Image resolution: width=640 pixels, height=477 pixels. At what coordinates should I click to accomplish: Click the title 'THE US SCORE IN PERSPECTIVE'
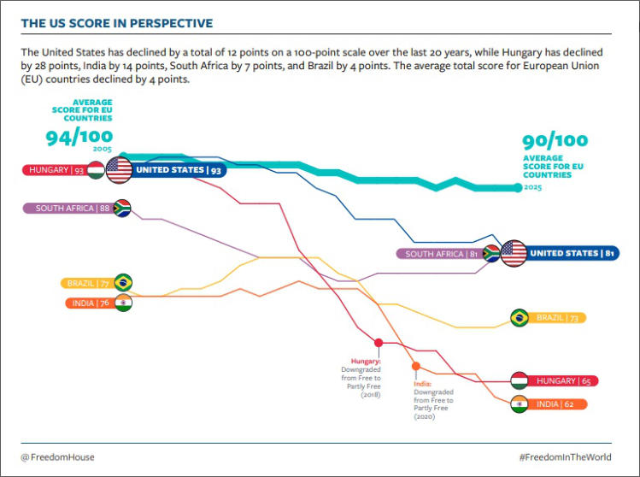[x=117, y=23]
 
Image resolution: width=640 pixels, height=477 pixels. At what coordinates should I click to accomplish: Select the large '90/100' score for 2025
[x=555, y=141]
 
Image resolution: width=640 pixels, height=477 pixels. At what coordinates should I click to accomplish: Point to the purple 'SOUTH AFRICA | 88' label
[x=73, y=208]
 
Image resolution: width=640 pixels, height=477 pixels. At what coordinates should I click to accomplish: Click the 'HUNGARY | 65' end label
[x=559, y=380]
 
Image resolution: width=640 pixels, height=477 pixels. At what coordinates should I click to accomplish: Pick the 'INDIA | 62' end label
[x=559, y=404]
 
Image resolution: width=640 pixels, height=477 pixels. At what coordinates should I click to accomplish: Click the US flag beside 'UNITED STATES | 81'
[x=514, y=253]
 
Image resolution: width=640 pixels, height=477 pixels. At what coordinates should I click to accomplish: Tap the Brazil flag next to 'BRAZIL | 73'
[x=519, y=318]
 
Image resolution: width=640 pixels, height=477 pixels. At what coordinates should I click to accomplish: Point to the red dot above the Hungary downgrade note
[x=379, y=343]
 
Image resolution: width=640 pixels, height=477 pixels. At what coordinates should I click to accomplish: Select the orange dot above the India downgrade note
[x=416, y=366]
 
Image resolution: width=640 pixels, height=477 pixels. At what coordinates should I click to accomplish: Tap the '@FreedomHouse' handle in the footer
[x=58, y=457]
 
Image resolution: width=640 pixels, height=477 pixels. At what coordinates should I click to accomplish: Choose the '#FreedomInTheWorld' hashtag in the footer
[x=565, y=457]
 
